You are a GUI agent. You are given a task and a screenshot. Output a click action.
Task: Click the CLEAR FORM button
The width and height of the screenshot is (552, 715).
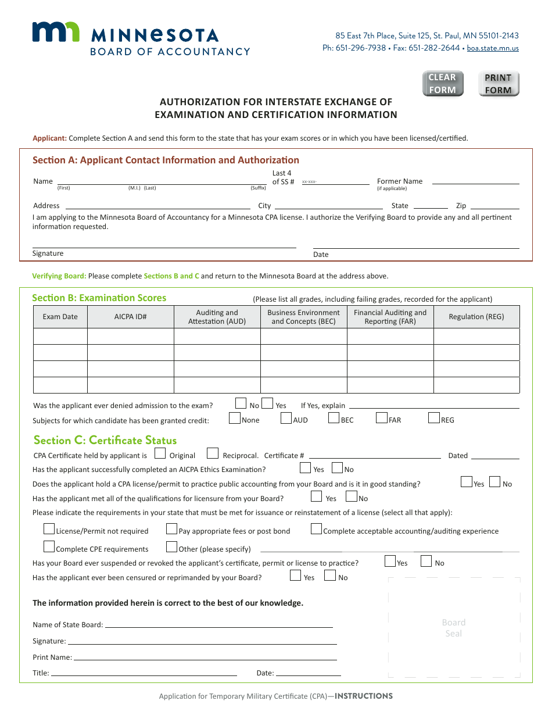pyautogui.click(x=443, y=84)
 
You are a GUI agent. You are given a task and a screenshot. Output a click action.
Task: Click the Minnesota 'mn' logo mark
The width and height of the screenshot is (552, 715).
pyautogui.click(x=56, y=32)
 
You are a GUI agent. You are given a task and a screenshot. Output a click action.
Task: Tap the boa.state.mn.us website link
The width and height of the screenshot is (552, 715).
pyautogui.click(x=493, y=48)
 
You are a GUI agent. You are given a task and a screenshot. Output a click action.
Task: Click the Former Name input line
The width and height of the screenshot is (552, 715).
pyautogui.click(x=475, y=181)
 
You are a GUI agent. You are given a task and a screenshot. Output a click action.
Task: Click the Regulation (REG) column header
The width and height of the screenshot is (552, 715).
pyautogui.click(x=476, y=317)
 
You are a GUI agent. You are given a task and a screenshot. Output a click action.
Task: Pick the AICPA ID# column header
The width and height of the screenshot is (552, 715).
pyautogui.click(x=130, y=317)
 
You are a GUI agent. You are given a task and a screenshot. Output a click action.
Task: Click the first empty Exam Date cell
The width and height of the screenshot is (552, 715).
pyautogui.click(x=60, y=337)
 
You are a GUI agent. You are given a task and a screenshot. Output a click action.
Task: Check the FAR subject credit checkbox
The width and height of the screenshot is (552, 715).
pyautogui.click(x=382, y=417)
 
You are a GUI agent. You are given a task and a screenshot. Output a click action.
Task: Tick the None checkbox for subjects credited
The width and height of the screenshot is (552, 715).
pyautogui.click(x=235, y=417)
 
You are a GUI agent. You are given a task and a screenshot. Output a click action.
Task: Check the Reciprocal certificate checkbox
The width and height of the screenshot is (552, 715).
pyautogui.click(x=213, y=453)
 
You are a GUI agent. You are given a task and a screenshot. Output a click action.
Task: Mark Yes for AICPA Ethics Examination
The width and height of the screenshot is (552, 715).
pyautogui.click(x=306, y=467)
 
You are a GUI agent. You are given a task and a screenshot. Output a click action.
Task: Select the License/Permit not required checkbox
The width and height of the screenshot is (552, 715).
pyautogui.click(x=49, y=529)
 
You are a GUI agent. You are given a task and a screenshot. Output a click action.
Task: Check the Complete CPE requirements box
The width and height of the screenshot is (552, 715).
pyautogui.click(x=49, y=547)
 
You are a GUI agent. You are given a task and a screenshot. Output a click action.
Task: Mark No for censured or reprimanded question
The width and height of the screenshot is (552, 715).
pyautogui.click(x=330, y=575)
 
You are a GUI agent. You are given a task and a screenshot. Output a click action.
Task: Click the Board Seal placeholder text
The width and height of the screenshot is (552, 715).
pyautogui.click(x=454, y=628)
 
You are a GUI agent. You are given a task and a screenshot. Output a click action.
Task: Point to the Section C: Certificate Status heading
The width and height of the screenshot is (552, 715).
pyautogui.click(x=105, y=440)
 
